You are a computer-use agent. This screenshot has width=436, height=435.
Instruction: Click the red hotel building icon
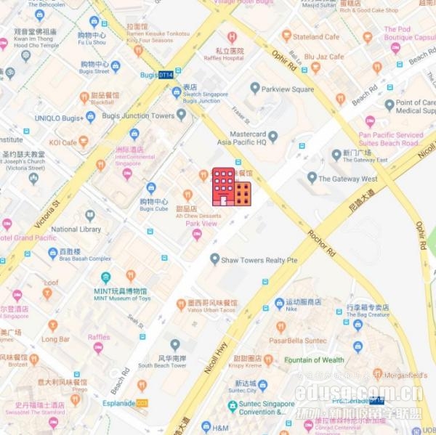(x=231, y=187)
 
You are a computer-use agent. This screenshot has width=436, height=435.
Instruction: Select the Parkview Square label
(x=287, y=89)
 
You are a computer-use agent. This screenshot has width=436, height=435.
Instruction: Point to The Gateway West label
(x=347, y=179)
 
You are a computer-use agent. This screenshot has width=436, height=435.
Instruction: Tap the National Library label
(x=76, y=229)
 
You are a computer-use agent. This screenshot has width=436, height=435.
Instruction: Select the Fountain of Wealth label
(x=314, y=359)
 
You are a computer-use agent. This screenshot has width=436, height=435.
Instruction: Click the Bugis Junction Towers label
(x=142, y=115)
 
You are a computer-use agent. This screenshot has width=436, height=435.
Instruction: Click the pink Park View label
(x=201, y=224)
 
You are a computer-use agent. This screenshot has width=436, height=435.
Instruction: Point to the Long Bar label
(x=55, y=338)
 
